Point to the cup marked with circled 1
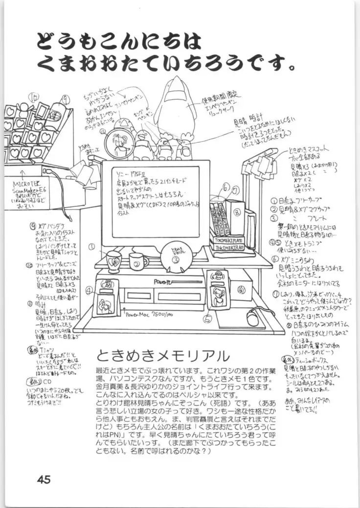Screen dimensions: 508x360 pyautogui.click(x=113, y=261)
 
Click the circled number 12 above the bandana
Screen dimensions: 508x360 pyautogui.click(x=34, y=97)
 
